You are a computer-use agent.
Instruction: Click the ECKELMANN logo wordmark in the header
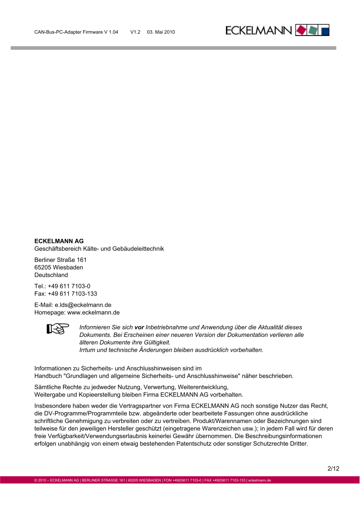259,30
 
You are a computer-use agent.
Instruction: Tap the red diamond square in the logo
302,30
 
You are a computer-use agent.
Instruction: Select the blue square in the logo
325,30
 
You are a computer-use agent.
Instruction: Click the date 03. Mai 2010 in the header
161,32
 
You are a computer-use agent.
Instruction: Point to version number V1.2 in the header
135,32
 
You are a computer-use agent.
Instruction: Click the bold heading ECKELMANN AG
59,241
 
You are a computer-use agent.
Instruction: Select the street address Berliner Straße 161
60,260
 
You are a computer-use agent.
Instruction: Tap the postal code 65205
43,267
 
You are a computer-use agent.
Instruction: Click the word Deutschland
51,275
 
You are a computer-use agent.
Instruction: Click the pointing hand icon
58,329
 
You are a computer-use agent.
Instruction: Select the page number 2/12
333,469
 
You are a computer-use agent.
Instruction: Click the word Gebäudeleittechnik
139,249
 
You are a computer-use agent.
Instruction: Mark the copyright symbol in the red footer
36,480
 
